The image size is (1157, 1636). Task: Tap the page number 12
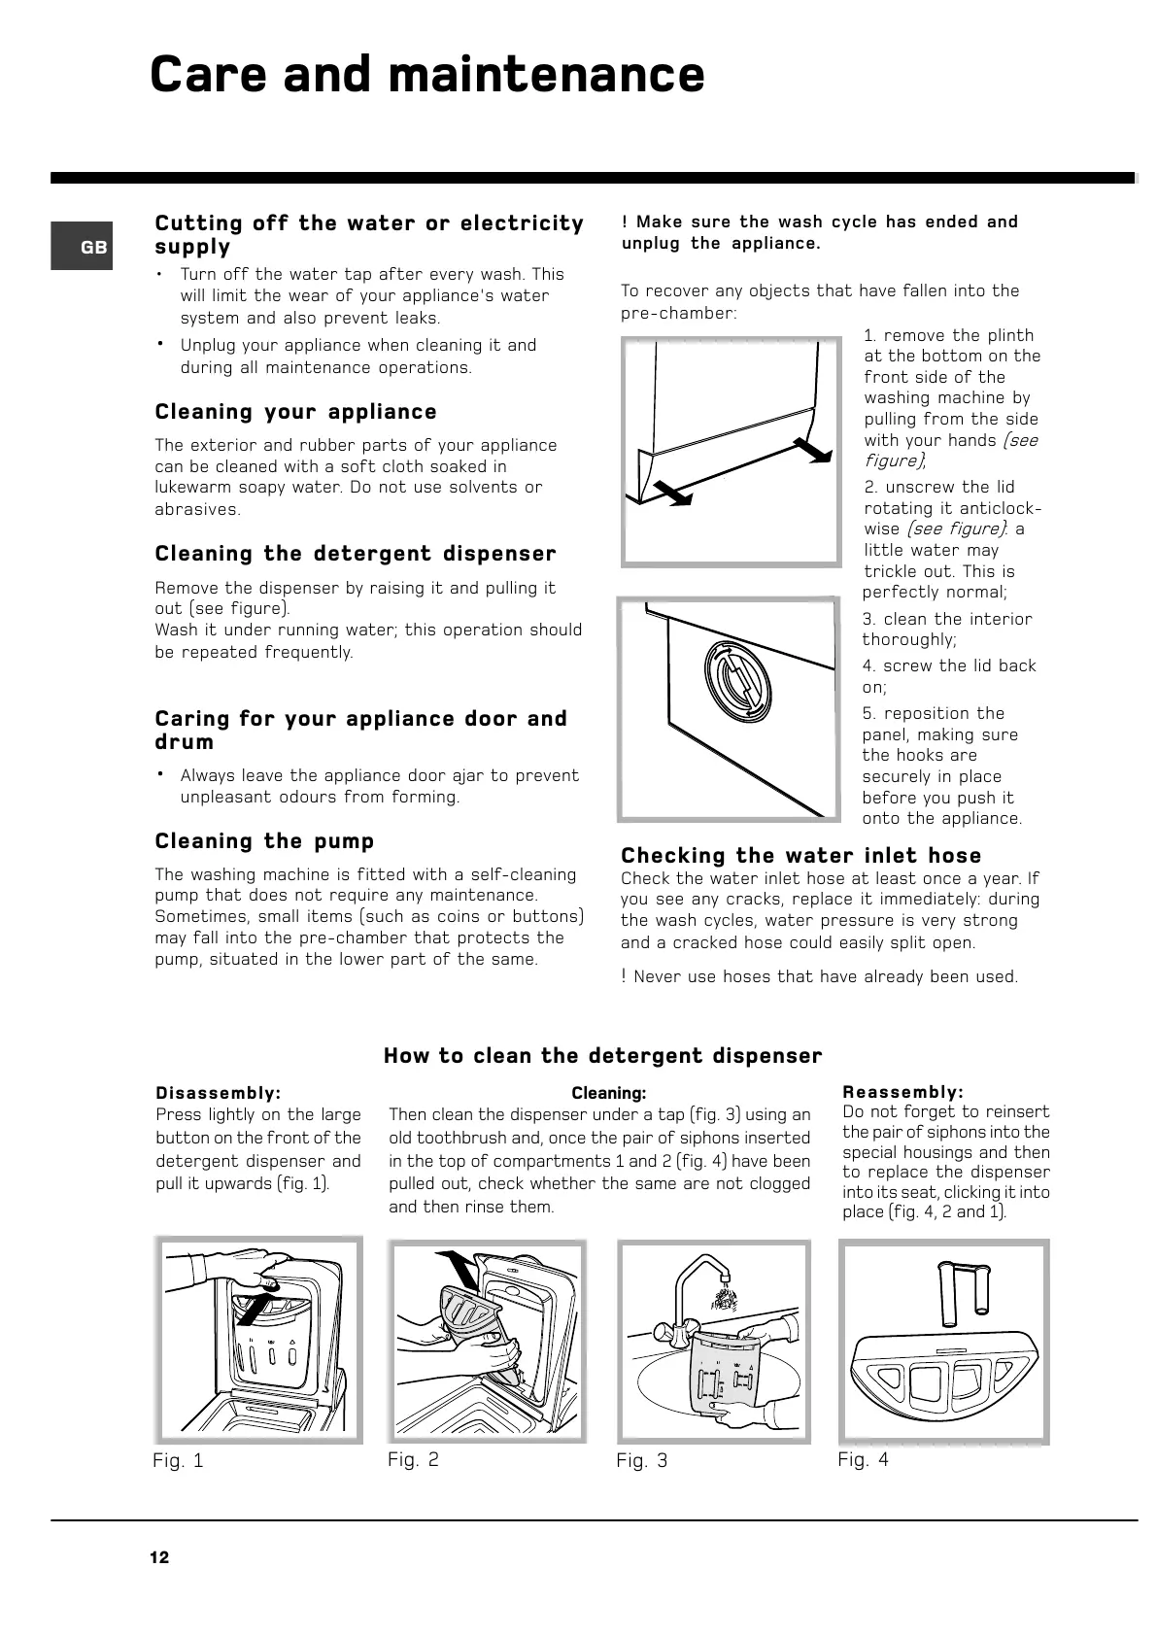[159, 1558]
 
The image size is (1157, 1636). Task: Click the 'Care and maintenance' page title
[427, 75]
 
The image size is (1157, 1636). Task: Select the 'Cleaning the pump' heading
[264, 841]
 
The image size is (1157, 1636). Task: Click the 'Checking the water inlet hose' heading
[801, 856]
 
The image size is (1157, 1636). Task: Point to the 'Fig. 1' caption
[179, 1460]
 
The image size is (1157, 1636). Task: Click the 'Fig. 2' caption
[413, 1459]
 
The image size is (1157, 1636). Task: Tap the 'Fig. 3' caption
[642, 1460]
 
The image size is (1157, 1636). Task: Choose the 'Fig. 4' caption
[863, 1459]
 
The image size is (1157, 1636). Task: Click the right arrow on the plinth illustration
[813, 450]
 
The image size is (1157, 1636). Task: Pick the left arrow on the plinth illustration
[670, 493]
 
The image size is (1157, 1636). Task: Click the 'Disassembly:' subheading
[219, 1093]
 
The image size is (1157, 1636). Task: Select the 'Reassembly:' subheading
[903, 1093]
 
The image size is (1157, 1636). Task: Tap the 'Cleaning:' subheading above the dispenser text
[608, 1094]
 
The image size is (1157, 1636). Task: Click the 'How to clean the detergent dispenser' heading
[602, 1056]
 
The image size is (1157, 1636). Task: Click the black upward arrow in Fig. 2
[456, 1269]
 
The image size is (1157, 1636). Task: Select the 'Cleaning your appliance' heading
[296, 412]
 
